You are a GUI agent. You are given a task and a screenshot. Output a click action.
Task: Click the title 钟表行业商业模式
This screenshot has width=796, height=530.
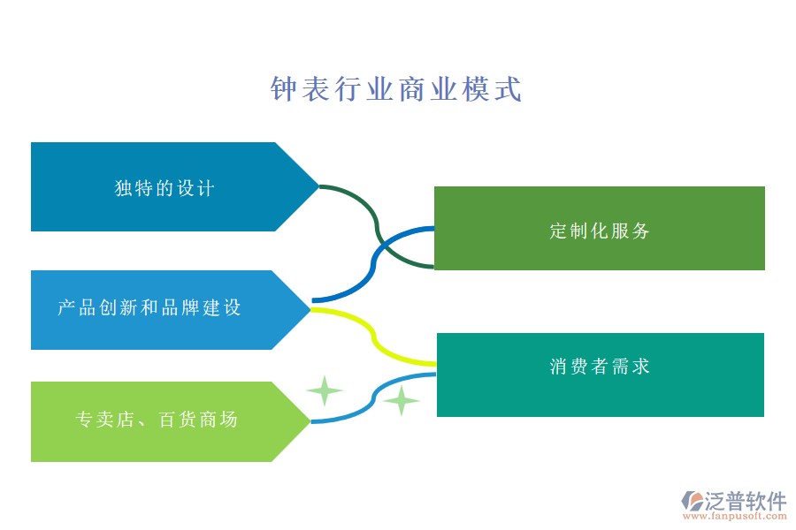tap(395, 89)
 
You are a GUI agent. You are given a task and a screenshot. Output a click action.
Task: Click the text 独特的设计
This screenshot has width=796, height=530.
tap(165, 188)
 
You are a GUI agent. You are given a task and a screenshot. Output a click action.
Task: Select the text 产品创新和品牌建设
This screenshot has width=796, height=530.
tap(149, 308)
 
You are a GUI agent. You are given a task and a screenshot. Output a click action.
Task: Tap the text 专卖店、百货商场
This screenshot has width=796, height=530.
tap(157, 420)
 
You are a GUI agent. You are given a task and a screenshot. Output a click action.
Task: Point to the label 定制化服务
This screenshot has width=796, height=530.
tap(600, 231)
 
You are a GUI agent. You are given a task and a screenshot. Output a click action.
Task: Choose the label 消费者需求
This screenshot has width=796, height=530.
tap(600, 367)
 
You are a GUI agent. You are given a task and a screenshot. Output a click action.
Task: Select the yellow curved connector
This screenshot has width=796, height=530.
tap(376, 340)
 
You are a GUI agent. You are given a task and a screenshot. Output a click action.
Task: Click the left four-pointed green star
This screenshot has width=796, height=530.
tap(325, 390)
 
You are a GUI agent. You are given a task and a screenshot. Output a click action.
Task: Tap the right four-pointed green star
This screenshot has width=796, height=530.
tap(402, 400)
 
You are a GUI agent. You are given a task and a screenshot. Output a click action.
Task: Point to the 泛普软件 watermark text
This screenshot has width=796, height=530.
tap(746, 501)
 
